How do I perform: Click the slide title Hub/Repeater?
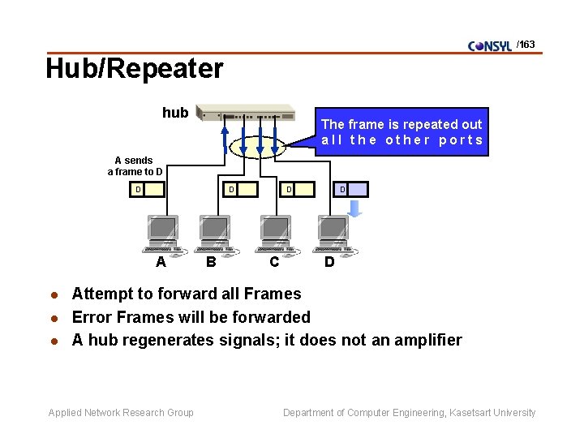[x=134, y=69]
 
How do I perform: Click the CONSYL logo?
[x=490, y=45]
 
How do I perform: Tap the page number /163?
[x=526, y=45]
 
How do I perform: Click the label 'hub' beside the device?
[x=174, y=113]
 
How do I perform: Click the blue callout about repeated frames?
[x=401, y=131]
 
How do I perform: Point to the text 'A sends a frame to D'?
[x=134, y=166]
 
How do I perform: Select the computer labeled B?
[x=215, y=234]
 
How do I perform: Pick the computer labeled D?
[x=333, y=234]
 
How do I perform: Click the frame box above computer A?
[x=149, y=190]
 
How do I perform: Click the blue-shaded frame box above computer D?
[x=351, y=190]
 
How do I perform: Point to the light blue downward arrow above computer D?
[x=354, y=208]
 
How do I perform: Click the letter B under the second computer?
[x=211, y=262]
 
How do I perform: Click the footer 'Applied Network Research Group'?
[x=121, y=413]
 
